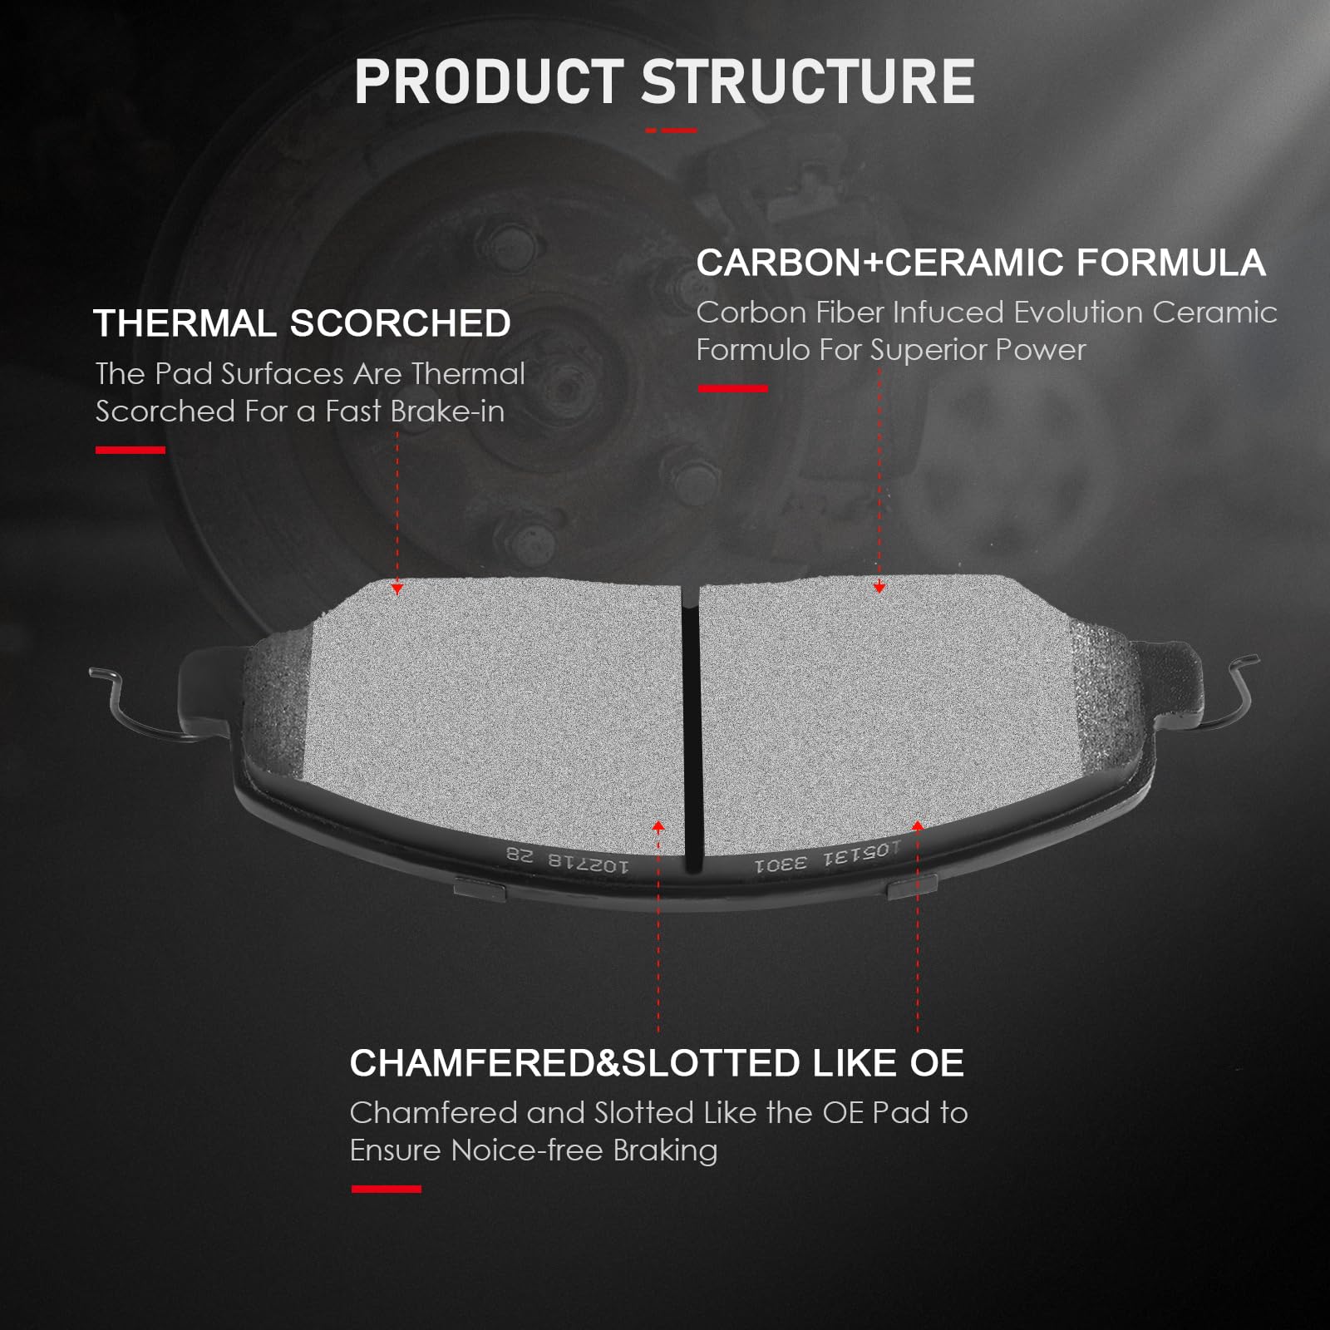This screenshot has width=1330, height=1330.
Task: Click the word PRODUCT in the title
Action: point(489,81)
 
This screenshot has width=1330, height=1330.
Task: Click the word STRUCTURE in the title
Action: point(808,81)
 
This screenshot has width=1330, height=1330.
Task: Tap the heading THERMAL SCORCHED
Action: point(303,323)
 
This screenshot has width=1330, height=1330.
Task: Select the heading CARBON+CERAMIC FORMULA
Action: point(981,263)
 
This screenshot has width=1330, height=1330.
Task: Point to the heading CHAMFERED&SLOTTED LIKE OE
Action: point(657,1063)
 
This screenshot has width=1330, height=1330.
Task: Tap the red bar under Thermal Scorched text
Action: point(131,451)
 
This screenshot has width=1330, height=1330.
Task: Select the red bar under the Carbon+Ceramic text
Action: point(732,388)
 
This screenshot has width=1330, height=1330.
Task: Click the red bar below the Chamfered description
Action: point(387,1190)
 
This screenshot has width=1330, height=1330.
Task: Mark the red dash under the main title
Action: point(672,131)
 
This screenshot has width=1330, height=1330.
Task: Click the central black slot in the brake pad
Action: point(691,727)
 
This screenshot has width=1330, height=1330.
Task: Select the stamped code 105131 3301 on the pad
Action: point(828,857)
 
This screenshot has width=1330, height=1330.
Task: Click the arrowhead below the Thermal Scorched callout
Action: point(397,589)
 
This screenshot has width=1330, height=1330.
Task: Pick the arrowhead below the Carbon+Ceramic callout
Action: point(879,587)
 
